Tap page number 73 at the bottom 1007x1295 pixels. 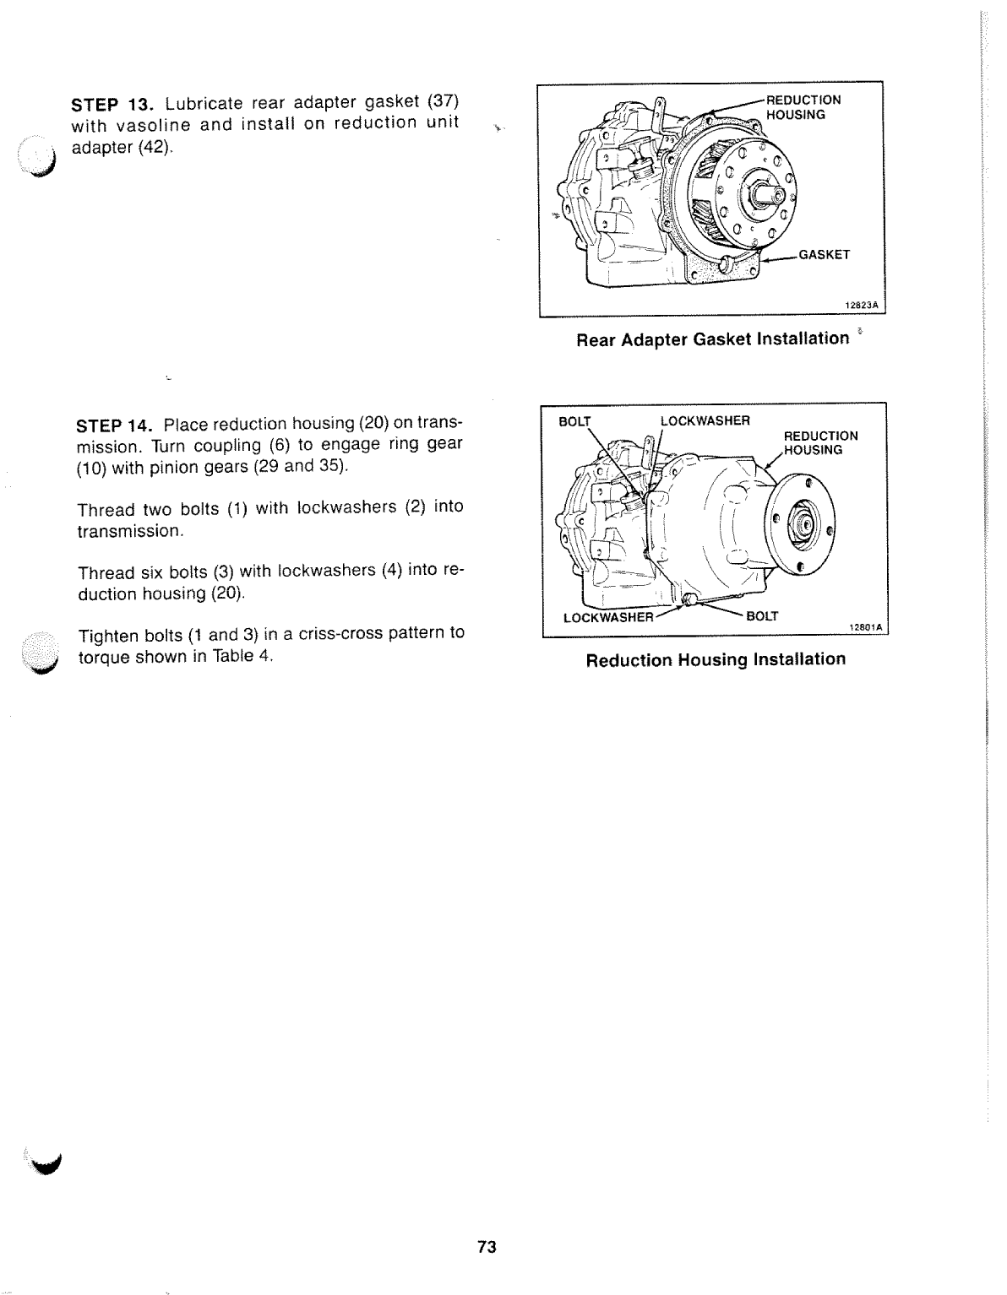[486, 1247]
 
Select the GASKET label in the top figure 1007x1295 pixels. [824, 254]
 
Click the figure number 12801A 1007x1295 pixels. [864, 626]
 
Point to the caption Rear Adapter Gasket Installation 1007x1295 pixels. [712, 339]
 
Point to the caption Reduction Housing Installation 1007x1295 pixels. [716, 659]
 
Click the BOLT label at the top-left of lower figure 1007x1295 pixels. [575, 421]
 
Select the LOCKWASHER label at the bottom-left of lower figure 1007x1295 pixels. [608, 616]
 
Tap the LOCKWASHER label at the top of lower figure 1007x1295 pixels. [705, 421]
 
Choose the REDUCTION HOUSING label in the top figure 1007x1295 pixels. [803, 106]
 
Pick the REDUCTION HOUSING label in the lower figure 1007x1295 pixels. [820, 442]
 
